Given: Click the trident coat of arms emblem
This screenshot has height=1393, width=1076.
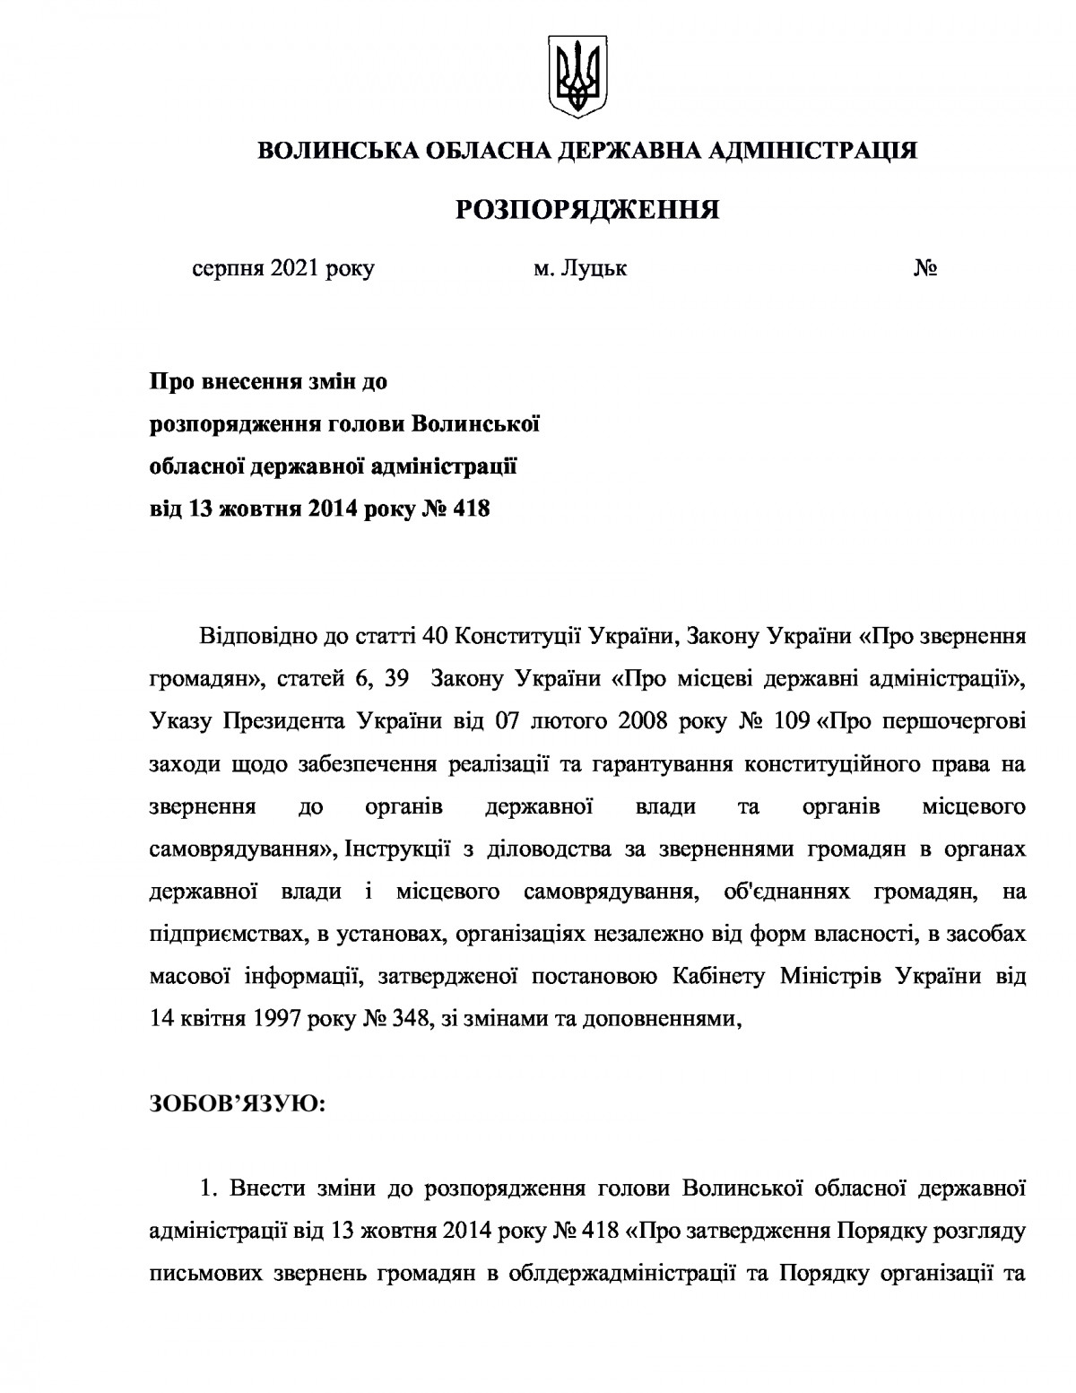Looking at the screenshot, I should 577,77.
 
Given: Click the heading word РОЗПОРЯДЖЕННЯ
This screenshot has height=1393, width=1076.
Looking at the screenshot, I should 588,210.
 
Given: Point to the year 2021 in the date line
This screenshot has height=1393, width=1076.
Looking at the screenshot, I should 291,269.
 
